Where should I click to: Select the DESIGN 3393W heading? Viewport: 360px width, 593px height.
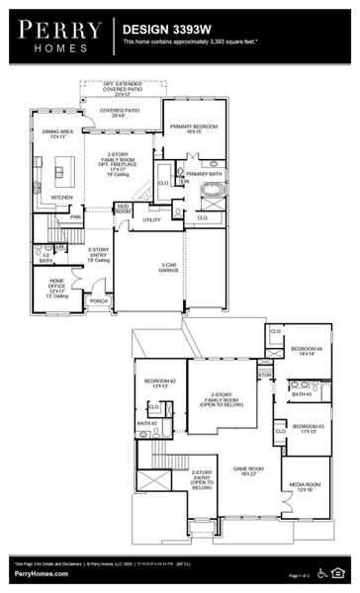164,31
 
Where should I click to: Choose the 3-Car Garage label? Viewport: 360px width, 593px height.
170,267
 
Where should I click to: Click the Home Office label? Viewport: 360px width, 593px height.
57,286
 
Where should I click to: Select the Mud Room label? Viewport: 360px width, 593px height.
124,210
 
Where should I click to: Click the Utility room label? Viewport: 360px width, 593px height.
150,219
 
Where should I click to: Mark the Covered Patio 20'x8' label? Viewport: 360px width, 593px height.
127,113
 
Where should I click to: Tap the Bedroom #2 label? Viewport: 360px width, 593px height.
159,383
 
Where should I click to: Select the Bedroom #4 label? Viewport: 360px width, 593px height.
305,351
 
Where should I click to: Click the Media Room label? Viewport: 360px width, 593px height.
304,486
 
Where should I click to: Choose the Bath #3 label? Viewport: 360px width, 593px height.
300,394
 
